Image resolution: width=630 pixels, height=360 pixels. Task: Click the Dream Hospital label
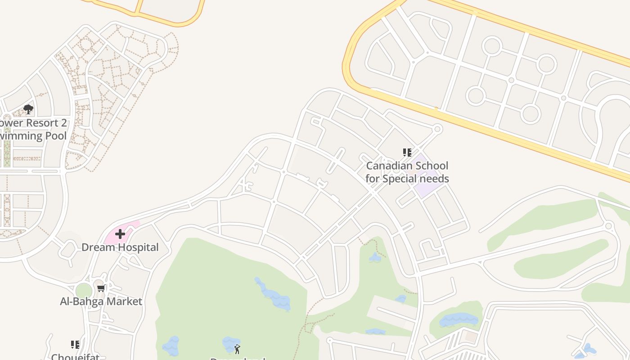coord(120,247)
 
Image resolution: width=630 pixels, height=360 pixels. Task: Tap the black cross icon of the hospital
coord(120,234)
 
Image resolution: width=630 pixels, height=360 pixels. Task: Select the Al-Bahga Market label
coord(101,301)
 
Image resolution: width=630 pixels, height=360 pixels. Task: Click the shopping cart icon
coord(101,288)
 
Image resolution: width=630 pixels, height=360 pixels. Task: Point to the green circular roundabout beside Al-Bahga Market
coord(84,291)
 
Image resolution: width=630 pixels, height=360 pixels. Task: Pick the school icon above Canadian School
coord(407,153)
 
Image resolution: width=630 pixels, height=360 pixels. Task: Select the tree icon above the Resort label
coord(28,109)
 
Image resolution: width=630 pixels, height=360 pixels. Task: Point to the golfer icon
coord(237,349)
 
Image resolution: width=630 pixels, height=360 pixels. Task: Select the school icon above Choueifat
coord(75,345)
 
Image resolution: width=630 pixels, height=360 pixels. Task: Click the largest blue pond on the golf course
coord(274,297)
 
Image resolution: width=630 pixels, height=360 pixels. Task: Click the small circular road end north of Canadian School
coord(437,129)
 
